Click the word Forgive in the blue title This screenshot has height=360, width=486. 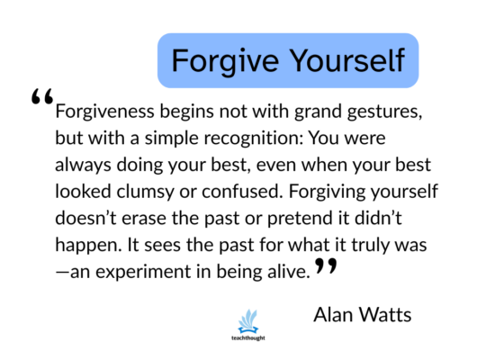click(225, 61)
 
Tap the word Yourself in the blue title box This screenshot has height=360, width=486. click(347, 60)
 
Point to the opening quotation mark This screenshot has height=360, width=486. click(42, 96)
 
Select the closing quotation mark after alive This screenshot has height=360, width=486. click(326, 266)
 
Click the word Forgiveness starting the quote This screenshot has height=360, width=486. click(104, 112)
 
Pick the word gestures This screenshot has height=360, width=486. click(384, 112)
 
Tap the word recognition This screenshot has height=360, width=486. click(253, 139)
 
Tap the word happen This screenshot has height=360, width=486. click(88, 246)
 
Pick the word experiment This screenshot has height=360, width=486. click(143, 273)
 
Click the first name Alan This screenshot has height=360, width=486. click(334, 315)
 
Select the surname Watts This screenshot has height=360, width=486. click(385, 315)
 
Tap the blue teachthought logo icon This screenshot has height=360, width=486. click(248, 321)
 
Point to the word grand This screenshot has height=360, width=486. click(318, 112)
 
